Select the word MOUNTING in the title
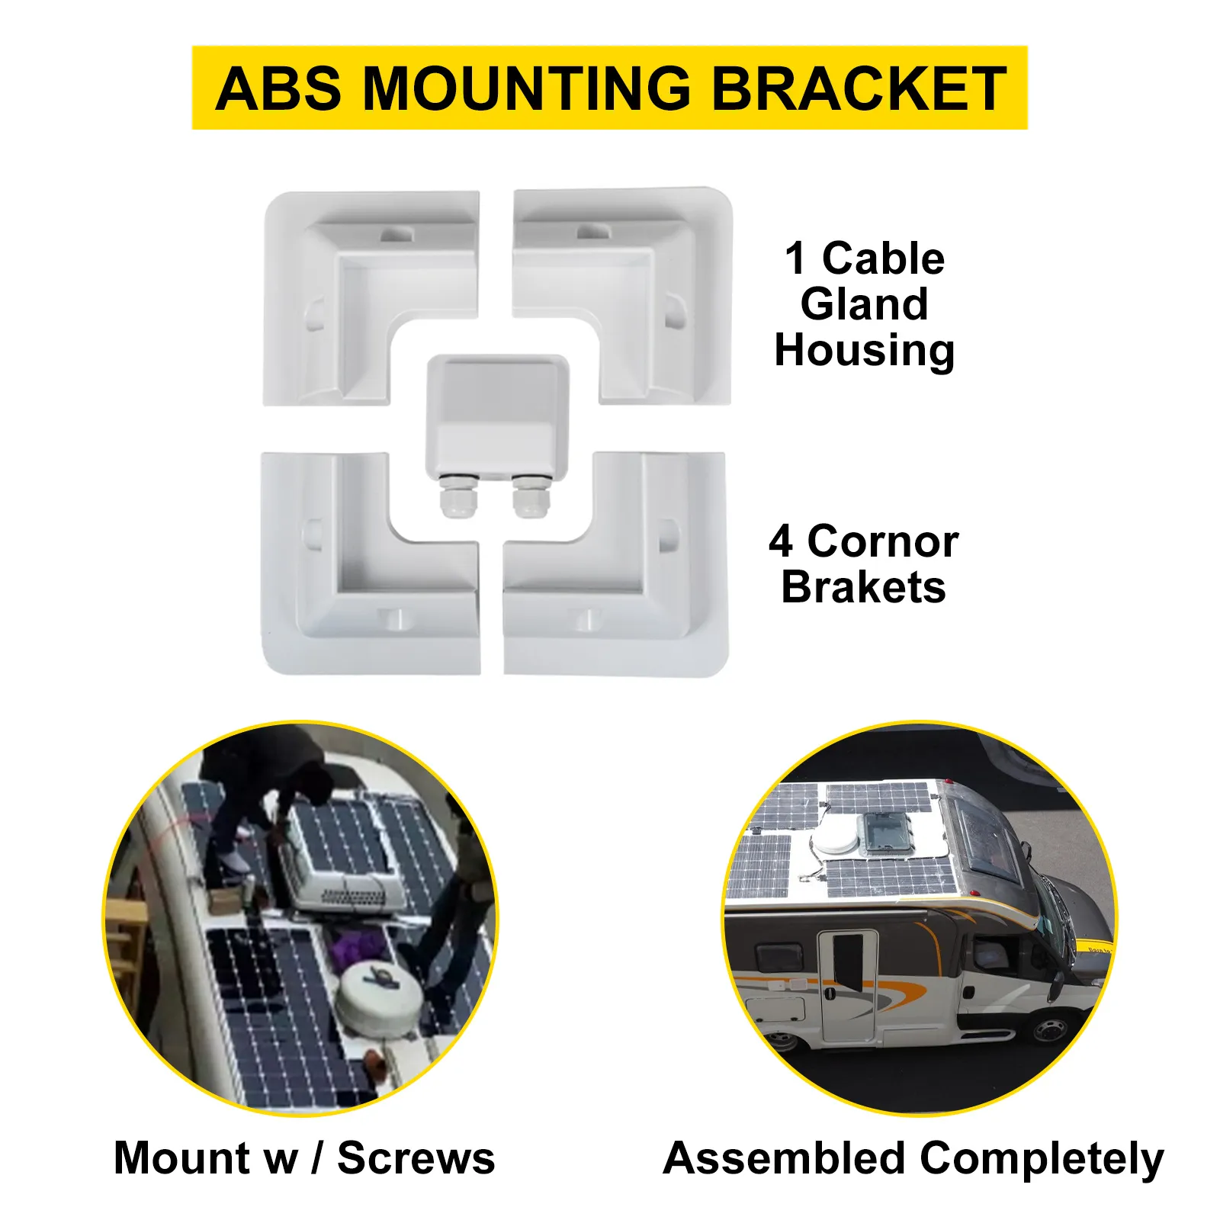[x=526, y=89]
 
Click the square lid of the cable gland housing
[x=498, y=404]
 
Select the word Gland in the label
[x=864, y=304]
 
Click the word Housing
[x=864, y=350]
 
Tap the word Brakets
[x=863, y=587]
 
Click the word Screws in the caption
[x=416, y=1158]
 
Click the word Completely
[x=1042, y=1160]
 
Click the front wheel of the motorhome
[x=1050, y=1030]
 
